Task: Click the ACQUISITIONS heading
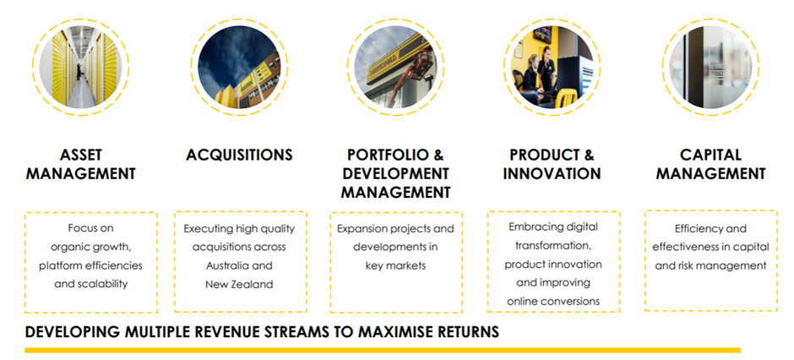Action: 239,155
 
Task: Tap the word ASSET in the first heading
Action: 81,155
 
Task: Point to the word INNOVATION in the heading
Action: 552,174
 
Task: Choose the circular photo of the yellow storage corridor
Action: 80,67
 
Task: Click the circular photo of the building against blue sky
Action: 239,67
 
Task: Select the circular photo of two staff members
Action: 552,67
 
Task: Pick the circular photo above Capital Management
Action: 710,67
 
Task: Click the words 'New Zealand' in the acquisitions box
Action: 239,285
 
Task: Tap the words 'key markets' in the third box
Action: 395,266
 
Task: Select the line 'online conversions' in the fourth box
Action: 553,301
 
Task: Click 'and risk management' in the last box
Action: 710,266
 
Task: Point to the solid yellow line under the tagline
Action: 383,350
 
